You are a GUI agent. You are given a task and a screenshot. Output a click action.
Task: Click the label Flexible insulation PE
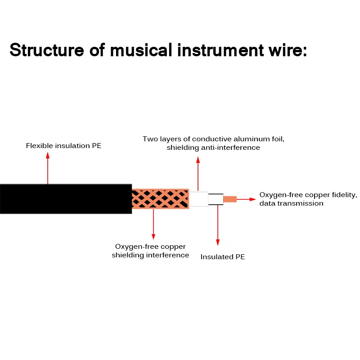(x=63, y=146)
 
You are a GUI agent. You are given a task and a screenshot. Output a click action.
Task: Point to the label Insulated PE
(x=222, y=257)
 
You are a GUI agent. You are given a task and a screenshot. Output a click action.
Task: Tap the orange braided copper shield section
(x=160, y=198)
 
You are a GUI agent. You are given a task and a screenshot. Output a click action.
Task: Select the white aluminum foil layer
(x=198, y=199)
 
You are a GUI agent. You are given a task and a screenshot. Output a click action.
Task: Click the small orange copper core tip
(x=230, y=199)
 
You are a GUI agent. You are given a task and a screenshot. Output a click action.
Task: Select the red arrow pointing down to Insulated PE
(x=218, y=225)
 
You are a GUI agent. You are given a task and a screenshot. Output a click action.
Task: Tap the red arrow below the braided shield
(x=153, y=224)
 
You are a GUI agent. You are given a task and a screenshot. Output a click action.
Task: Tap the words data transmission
(x=291, y=203)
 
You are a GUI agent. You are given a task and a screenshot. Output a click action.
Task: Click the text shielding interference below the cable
(x=150, y=255)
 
